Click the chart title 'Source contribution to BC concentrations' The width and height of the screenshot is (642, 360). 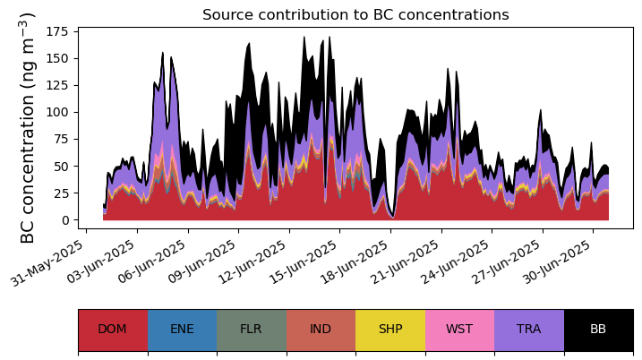[x=355, y=15]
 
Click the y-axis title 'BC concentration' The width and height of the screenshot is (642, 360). [x=28, y=127]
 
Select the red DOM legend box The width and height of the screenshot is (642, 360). [x=112, y=329]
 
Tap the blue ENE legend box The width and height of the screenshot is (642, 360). [x=182, y=329]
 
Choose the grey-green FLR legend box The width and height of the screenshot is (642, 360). [x=251, y=329]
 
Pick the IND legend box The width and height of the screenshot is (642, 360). [x=321, y=329]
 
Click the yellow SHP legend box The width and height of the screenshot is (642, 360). [x=390, y=329]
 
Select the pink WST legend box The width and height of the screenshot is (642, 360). [x=459, y=329]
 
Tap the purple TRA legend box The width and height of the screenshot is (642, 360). [x=528, y=329]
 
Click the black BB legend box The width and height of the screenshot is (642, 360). [x=598, y=329]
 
